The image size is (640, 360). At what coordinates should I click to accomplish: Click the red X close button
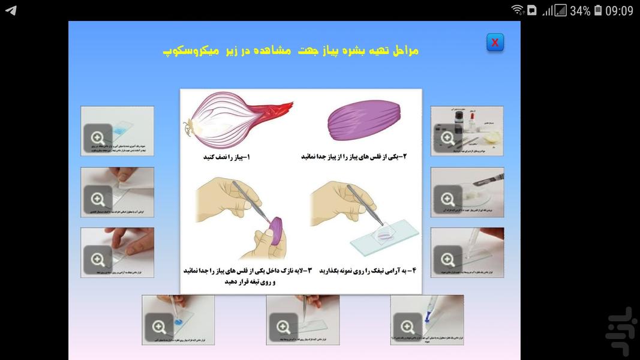click(495, 43)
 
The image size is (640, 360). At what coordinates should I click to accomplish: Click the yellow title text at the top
click(291, 50)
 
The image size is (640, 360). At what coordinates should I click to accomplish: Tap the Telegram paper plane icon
click(11, 11)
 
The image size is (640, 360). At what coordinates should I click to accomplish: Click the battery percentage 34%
click(579, 11)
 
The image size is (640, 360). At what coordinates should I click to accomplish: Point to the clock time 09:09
click(619, 11)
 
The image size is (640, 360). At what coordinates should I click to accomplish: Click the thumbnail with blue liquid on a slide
click(118, 131)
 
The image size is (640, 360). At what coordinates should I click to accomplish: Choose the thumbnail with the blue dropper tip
click(426, 320)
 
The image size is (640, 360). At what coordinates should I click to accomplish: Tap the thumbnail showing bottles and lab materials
click(467, 131)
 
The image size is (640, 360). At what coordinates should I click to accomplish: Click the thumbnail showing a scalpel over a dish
click(467, 192)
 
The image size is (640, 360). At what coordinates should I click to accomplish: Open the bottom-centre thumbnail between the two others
click(302, 320)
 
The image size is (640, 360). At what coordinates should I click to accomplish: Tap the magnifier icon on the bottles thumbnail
click(447, 138)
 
